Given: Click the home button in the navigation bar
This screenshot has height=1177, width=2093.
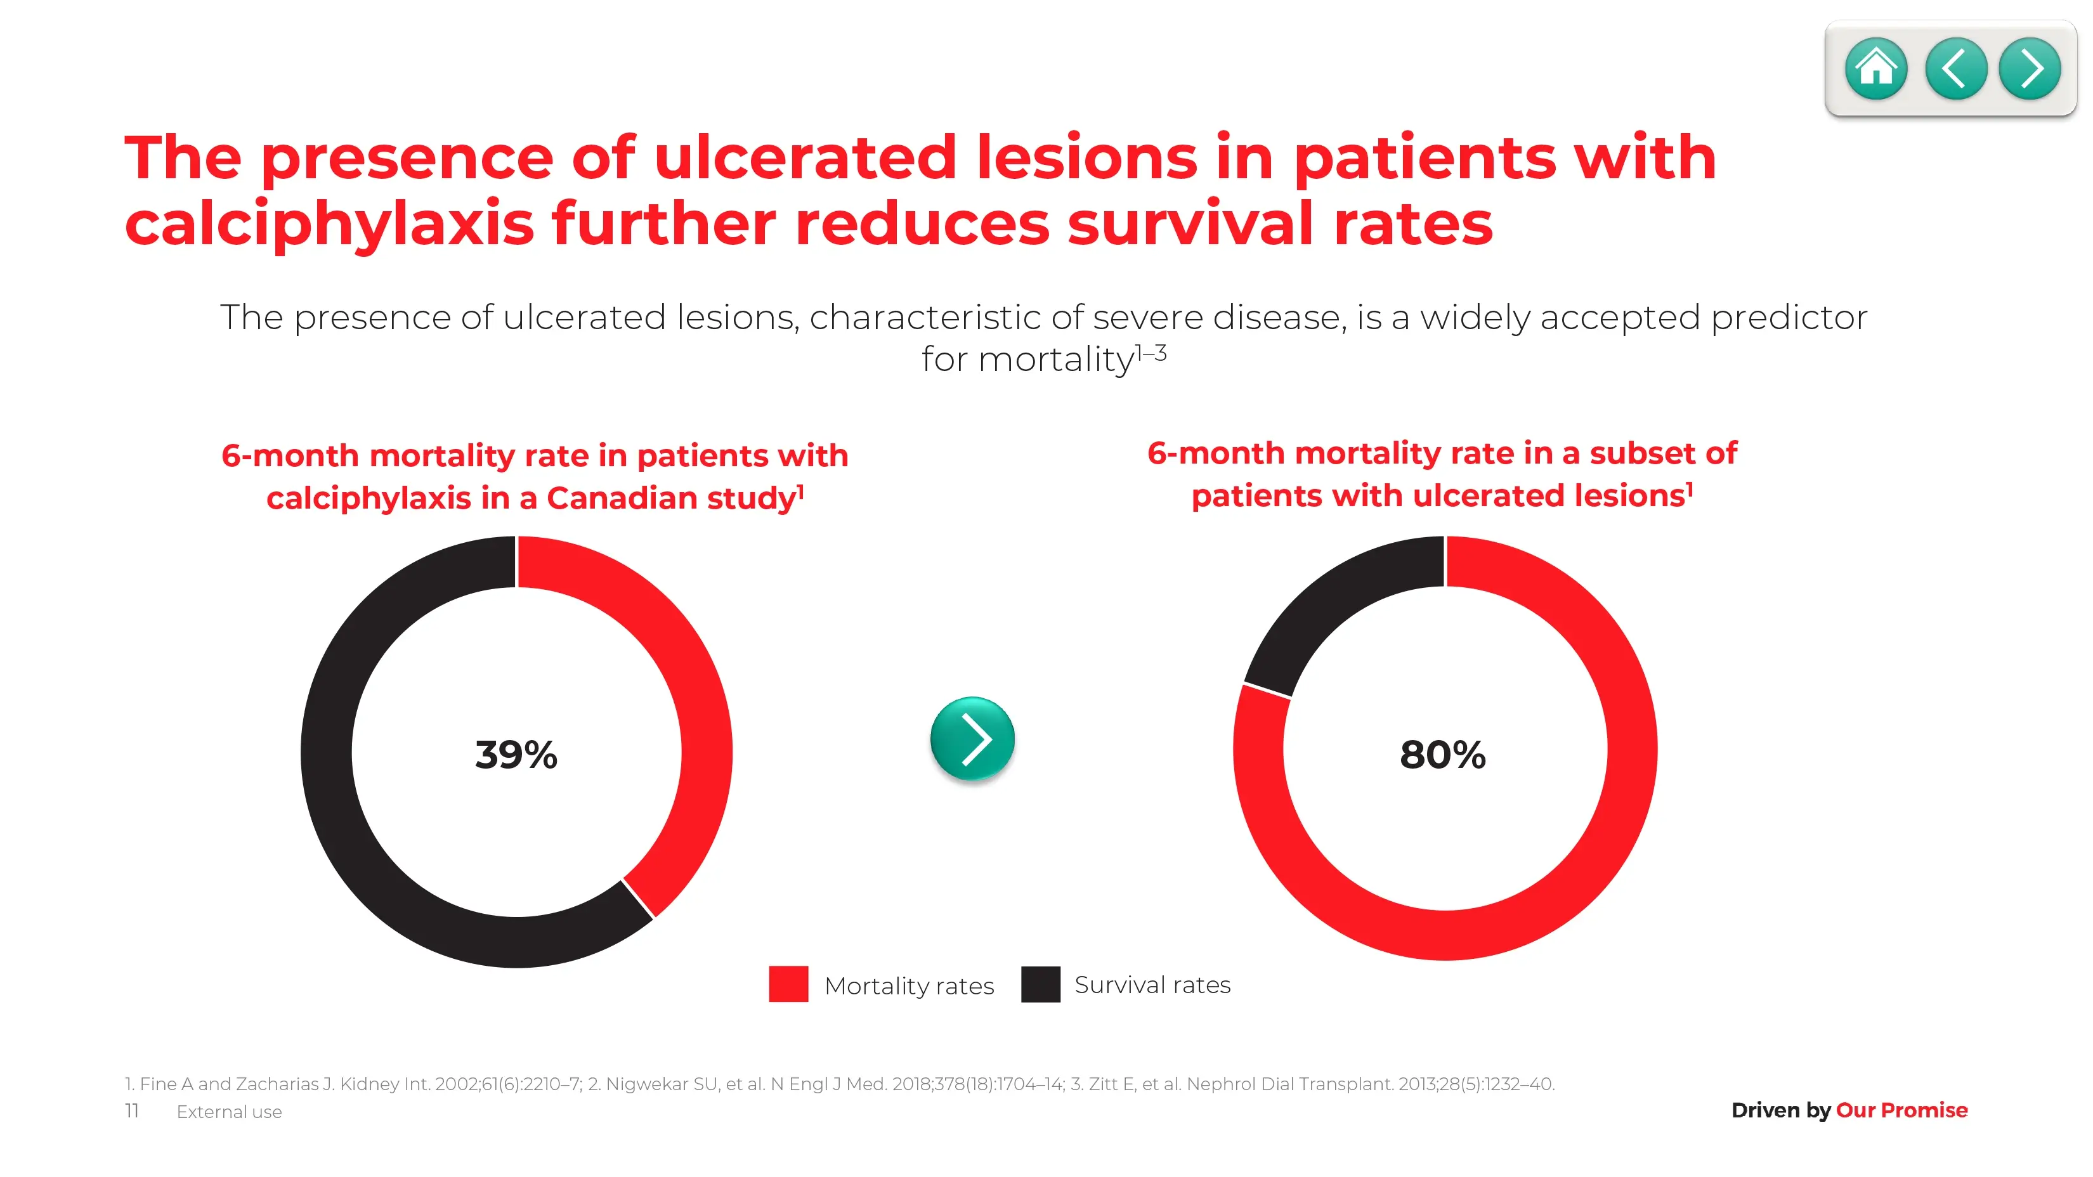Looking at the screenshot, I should [x=1875, y=69].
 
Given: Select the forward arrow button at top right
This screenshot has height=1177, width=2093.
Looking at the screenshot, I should [x=2030, y=69].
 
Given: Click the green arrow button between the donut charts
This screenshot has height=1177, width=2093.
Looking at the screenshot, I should [x=972, y=738].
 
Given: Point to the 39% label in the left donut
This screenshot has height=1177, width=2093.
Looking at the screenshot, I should [x=516, y=755].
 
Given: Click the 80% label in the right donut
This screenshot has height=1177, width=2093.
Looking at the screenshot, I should [x=1442, y=755].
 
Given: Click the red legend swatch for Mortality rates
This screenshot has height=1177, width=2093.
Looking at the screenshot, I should [x=788, y=984].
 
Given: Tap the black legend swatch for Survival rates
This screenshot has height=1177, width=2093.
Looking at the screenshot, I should [x=1040, y=984].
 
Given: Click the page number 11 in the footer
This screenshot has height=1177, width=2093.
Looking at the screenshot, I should [x=132, y=1110].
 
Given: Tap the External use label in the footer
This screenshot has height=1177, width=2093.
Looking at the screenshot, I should [x=229, y=1112].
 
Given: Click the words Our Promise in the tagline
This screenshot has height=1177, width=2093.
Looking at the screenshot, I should [x=1901, y=1110].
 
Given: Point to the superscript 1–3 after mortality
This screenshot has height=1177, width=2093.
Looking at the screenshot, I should [x=1151, y=353].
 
